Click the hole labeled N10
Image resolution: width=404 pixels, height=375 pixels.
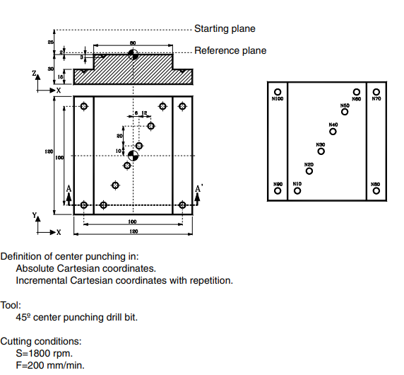(297, 191)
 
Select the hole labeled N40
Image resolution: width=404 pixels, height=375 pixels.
(333, 131)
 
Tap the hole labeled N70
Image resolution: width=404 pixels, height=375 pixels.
(376, 92)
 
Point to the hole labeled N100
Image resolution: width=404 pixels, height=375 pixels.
(278, 92)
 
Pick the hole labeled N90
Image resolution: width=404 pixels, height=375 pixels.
(278, 191)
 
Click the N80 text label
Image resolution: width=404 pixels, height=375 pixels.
(376, 184)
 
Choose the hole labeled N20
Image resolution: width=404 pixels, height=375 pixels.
(309, 171)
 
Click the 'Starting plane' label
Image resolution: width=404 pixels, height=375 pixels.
(225, 29)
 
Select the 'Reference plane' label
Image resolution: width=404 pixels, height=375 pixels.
(230, 50)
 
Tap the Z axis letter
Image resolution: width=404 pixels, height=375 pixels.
(33, 73)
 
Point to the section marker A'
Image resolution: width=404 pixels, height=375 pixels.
(199, 188)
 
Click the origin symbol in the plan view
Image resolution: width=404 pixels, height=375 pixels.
(132, 155)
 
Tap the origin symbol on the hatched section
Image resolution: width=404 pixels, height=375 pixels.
(132, 54)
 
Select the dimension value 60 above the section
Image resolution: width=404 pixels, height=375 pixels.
(132, 43)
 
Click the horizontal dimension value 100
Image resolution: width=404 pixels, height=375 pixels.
(132, 221)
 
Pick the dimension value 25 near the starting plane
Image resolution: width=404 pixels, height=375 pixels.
(50, 42)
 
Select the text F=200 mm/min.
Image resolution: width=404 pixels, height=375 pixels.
(50, 364)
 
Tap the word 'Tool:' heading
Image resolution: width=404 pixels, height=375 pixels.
(12, 304)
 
